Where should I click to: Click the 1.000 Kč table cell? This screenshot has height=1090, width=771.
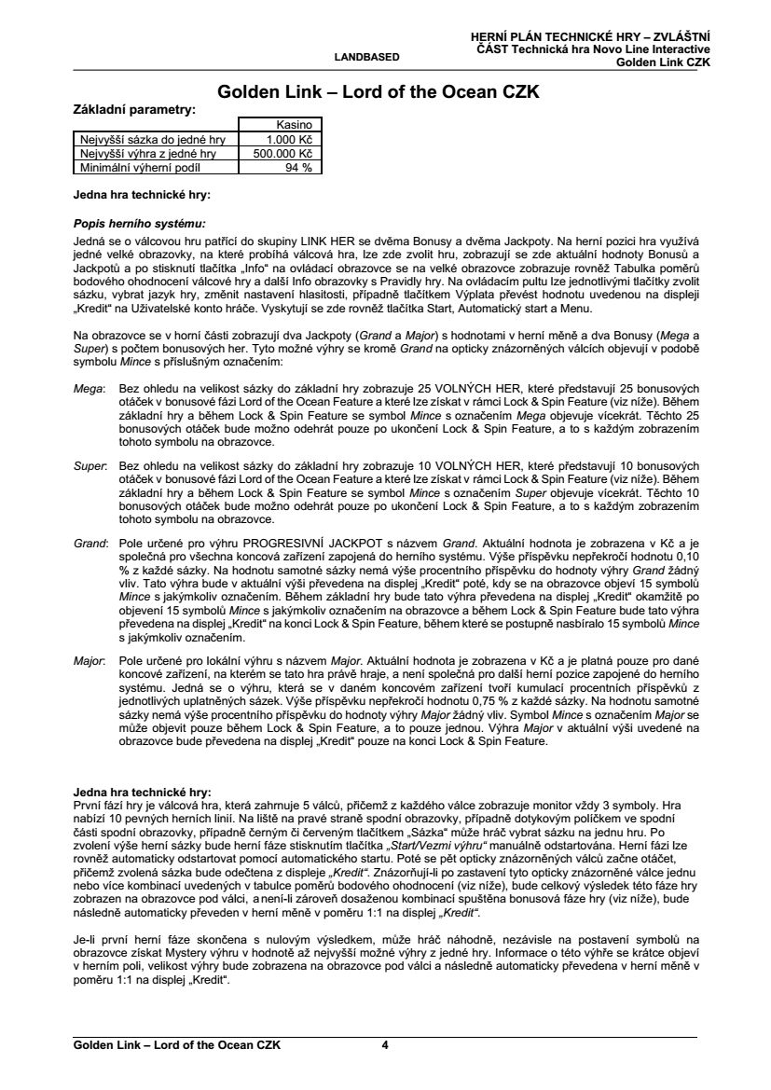292,139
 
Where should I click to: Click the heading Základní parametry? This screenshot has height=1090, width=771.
134,110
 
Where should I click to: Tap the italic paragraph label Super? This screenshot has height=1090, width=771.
90,464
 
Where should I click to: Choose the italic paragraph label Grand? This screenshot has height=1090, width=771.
90,542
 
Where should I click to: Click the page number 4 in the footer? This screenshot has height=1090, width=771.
385,1044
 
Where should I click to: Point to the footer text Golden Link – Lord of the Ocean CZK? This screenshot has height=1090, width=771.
177,1044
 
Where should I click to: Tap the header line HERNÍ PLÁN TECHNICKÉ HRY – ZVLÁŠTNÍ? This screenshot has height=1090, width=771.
591,35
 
